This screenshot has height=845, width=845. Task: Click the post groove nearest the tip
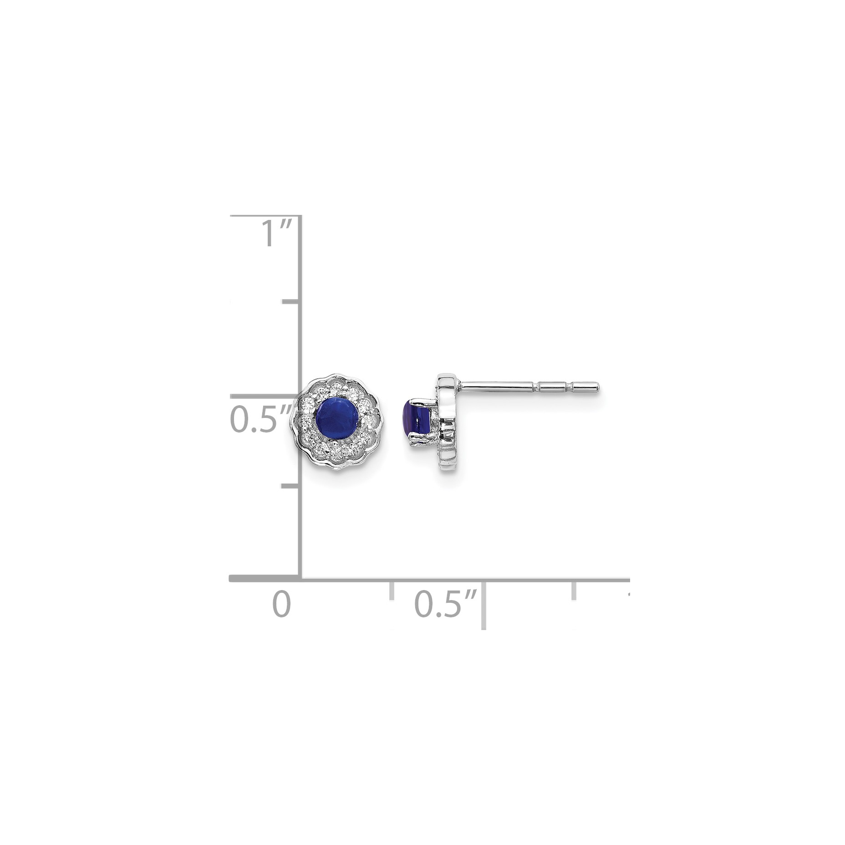[x=572, y=387]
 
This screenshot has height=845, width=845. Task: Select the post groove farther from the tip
[x=538, y=387]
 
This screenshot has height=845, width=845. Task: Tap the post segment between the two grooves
[x=555, y=387]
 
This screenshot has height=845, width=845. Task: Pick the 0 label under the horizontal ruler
[x=281, y=604]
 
